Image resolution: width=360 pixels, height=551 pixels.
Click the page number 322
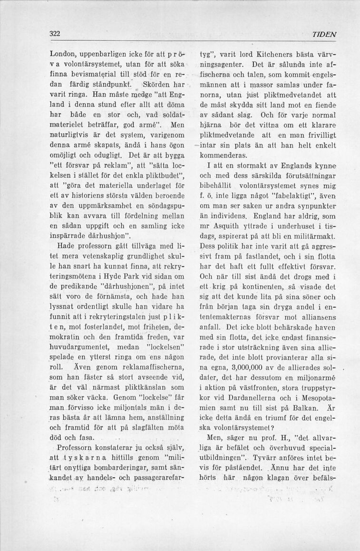55,34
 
